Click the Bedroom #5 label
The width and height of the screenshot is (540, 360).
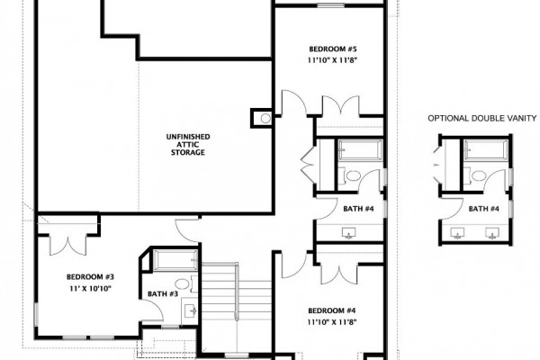pos(330,49)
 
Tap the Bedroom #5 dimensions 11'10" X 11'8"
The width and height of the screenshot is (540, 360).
pos(332,60)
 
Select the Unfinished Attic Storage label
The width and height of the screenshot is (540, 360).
pos(188,145)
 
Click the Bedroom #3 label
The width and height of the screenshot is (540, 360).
pos(90,277)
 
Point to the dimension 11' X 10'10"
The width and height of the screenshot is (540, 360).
pos(90,289)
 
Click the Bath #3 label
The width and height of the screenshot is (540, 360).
pos(163,294)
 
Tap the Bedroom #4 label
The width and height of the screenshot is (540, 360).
pos(331,310)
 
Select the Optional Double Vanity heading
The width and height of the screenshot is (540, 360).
pos(482,118)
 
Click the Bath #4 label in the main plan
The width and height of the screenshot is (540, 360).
pos(358,209)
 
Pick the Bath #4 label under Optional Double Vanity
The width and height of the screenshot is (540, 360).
pos(484,209)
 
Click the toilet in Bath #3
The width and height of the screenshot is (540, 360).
pos(184,283)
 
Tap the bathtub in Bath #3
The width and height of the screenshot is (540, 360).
pos(175,260)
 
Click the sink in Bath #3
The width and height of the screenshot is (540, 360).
pos(190,310)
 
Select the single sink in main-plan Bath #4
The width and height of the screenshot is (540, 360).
pos(349,233)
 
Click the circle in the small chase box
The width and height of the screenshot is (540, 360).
pos(265,119)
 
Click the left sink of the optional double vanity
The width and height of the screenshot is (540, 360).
pos(457,233)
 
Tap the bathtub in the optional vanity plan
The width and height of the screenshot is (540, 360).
pos(486,150)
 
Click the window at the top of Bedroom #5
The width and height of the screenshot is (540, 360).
pos(330,5)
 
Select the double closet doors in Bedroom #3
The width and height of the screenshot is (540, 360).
pos(68,246)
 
